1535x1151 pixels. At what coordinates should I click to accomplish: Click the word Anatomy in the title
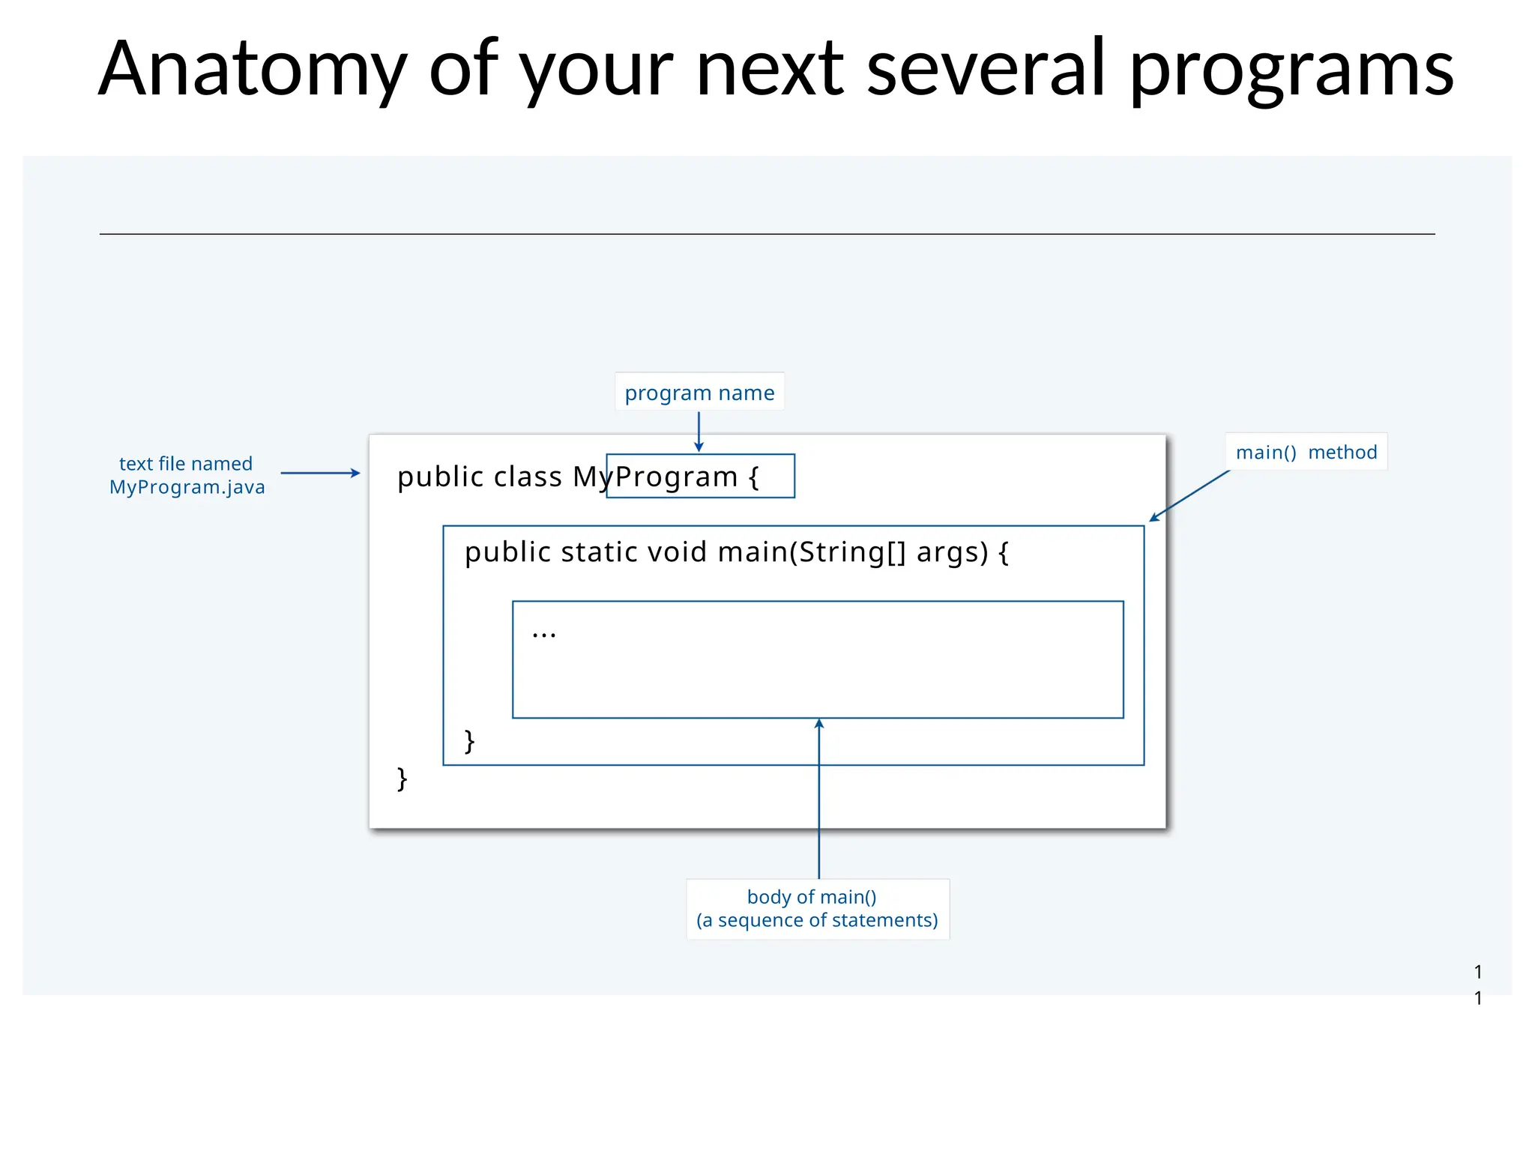point(253,70)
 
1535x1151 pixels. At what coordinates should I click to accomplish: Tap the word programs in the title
point(1291,70)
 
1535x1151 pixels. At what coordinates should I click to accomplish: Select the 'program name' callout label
point(699,392)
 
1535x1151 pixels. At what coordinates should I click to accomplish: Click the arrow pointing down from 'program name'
point(699,432)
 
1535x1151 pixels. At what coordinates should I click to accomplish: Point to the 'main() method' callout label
point(1306,452)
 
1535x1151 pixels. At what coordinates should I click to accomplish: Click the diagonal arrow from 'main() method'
point(1189,495)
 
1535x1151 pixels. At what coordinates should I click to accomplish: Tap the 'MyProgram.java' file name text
point(187,487)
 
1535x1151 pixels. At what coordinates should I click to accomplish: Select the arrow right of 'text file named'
point(320,473)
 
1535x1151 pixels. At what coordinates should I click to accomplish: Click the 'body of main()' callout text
point(812,897)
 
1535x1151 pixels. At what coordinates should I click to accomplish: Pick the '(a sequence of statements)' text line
point(817,920)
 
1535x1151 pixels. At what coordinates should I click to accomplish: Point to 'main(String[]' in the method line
point(812,552)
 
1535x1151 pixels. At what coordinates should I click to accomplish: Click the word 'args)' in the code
point(953,552)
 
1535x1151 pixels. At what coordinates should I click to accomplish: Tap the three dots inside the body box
point(543,635)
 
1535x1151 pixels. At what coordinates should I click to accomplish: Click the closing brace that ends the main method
point(470,741)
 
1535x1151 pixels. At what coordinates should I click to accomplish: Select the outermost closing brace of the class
point(402,779)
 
